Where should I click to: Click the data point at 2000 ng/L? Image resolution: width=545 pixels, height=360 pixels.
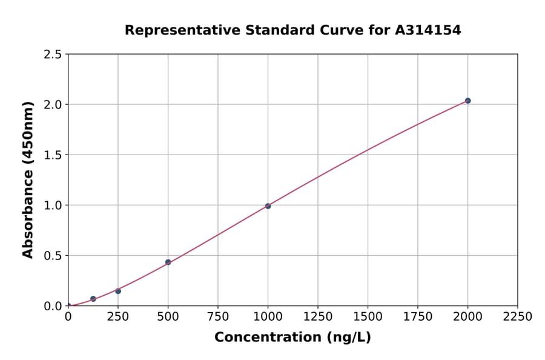467,101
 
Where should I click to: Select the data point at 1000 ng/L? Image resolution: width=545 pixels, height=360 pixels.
268,206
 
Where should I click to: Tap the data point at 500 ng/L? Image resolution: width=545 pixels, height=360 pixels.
168,262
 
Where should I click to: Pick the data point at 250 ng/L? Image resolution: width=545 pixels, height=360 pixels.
118,291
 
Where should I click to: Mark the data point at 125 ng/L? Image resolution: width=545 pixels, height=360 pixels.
93,299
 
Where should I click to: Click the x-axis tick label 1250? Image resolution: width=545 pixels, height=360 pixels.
318,317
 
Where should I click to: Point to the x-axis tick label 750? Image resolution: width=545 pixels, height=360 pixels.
218,317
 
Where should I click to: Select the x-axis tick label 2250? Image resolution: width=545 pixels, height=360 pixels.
518,317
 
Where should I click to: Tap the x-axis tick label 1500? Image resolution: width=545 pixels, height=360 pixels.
368,317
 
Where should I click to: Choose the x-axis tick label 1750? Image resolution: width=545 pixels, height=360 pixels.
418,317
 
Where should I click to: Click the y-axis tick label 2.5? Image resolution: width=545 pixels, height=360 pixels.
53,55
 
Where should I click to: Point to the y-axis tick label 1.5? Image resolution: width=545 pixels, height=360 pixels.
53,155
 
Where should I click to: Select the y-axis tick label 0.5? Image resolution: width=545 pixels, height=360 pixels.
53,256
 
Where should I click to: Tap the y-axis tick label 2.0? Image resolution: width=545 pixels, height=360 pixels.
53,105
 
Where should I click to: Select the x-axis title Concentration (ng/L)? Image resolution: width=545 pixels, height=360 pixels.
292,338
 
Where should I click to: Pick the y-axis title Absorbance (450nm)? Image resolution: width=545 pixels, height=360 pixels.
28,179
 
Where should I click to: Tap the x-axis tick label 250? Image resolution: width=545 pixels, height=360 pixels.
118,317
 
